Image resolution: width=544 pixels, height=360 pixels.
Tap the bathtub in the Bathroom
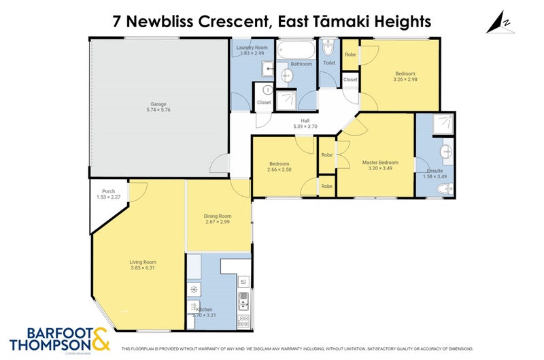(297, 50)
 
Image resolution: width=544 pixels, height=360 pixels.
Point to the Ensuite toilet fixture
(444, 189)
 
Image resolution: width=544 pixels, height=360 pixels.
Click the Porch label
(108, 191)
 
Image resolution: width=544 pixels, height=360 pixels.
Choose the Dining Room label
(218, 216)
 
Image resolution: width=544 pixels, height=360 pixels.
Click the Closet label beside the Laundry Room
(264, 103)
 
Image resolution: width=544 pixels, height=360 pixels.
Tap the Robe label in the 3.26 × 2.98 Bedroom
(350, 54)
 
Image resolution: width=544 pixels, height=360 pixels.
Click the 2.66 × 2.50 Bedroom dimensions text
(279, 171)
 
